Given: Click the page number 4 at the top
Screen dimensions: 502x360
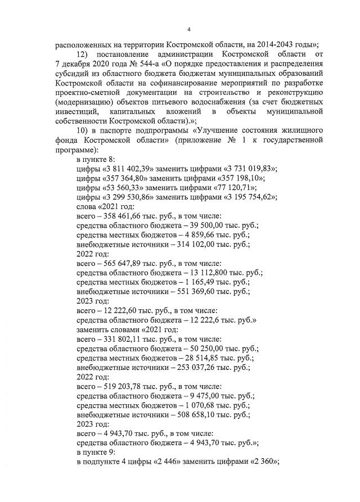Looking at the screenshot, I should (188, 30).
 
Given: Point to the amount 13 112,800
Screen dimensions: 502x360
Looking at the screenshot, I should (201, 272).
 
